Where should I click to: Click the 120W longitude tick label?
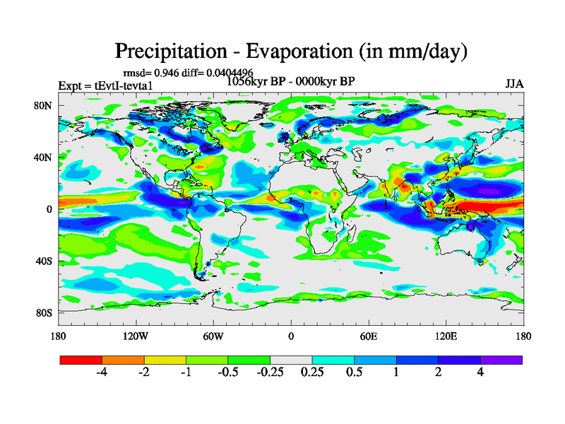(136, 336)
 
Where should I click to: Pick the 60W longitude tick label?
(213, 336)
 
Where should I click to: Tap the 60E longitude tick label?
(369, 336)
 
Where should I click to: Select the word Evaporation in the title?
(299, 52)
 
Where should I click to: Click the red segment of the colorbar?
(81, 360)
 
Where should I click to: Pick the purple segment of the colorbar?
(501, 360)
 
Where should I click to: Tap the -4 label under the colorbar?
(101, 372)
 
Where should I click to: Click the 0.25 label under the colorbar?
(311, 372)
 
